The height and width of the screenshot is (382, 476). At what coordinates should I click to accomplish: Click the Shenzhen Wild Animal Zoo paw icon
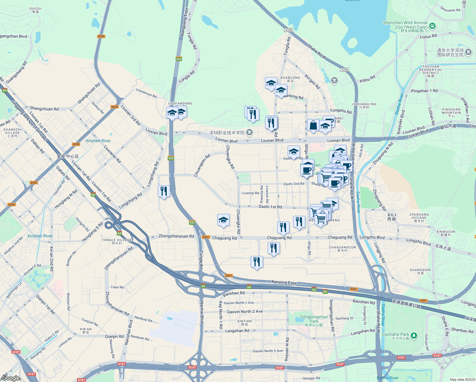432,25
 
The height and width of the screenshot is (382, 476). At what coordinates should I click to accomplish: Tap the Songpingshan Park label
314,319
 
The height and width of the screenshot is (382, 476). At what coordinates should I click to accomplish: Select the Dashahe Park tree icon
414,335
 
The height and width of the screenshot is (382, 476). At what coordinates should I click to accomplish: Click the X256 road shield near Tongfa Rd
289,30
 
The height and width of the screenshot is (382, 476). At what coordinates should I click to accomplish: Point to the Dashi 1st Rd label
270,207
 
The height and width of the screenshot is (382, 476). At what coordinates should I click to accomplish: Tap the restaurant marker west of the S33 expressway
164,191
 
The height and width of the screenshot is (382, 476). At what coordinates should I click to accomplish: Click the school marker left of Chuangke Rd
223,220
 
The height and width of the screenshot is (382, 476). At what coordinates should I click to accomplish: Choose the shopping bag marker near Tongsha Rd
313,125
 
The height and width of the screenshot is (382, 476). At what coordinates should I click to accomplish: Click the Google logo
10,378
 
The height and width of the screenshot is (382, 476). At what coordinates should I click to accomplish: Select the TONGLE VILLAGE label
117,240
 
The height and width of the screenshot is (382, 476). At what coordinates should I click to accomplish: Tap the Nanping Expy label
284,282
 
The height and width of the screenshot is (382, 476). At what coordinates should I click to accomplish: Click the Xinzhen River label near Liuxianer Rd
98,141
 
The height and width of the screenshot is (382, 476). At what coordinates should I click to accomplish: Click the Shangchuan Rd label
44,109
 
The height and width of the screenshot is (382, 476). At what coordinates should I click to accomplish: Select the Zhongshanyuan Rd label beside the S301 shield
176,236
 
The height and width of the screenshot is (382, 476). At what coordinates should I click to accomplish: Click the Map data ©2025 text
462,379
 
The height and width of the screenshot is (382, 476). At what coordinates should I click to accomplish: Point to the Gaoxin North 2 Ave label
245,312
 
